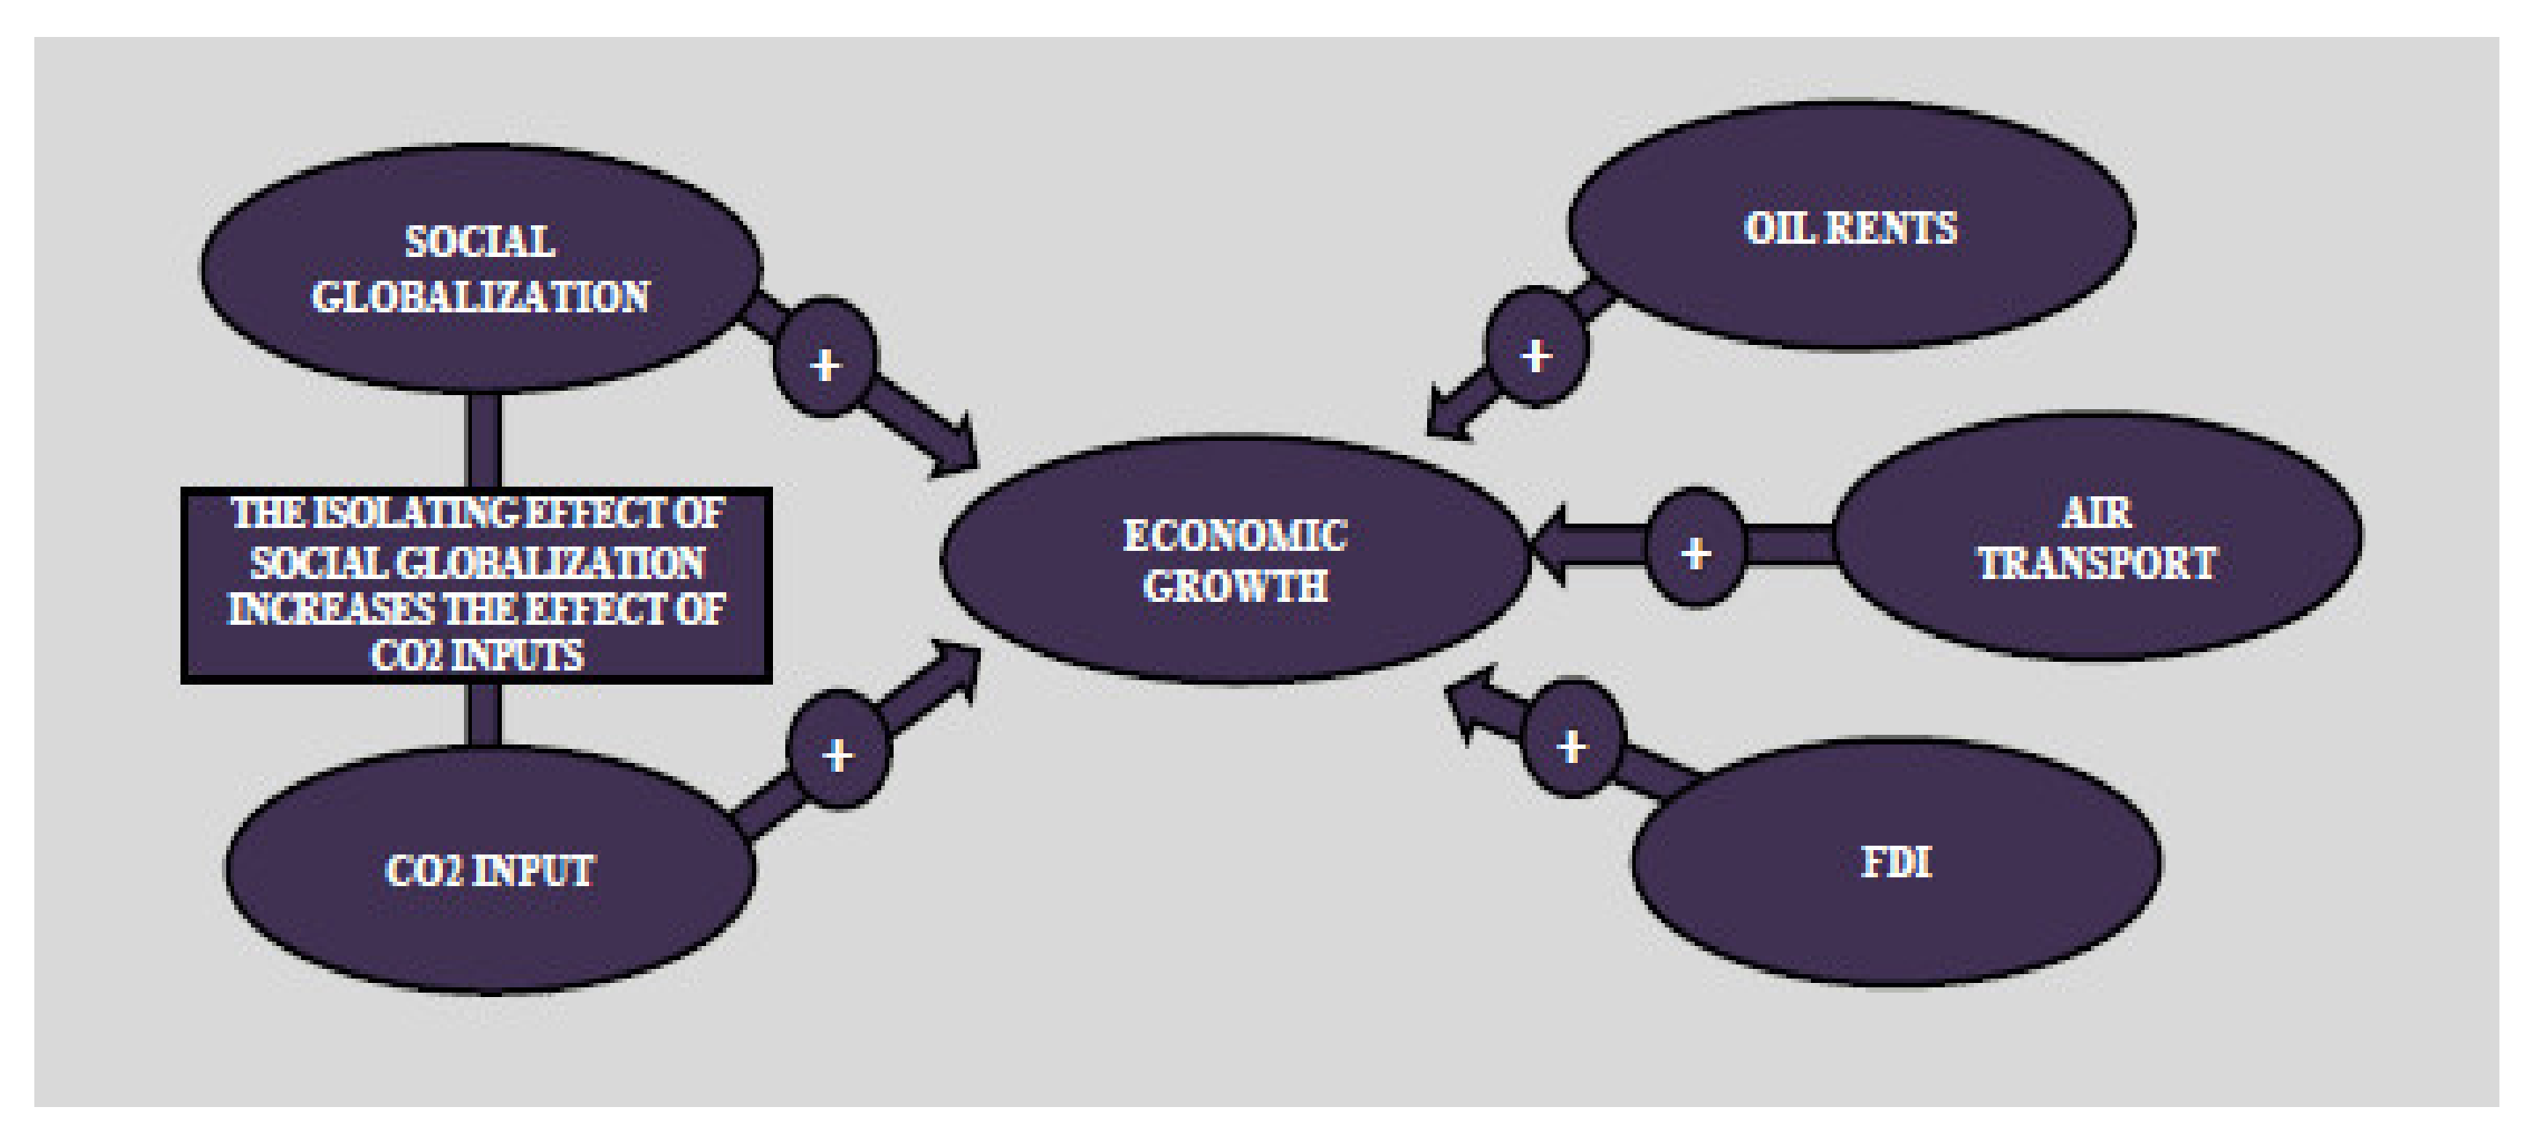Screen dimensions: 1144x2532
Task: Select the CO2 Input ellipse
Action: [489, 869]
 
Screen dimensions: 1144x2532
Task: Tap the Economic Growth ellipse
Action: [1234, 561]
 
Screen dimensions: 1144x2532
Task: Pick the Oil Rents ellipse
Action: [1850, 226]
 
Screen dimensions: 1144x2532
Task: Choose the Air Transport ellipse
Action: [2098, 538]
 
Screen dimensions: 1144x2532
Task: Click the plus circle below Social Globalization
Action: [825, 360]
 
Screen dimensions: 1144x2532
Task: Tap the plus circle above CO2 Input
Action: [837, 751]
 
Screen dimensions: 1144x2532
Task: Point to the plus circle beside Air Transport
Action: [1695, 547]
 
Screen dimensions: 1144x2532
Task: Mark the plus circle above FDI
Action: [1571, 740]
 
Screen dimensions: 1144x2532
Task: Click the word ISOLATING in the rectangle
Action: [403, 513]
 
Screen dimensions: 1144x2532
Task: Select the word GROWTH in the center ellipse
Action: [1234, 587]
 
